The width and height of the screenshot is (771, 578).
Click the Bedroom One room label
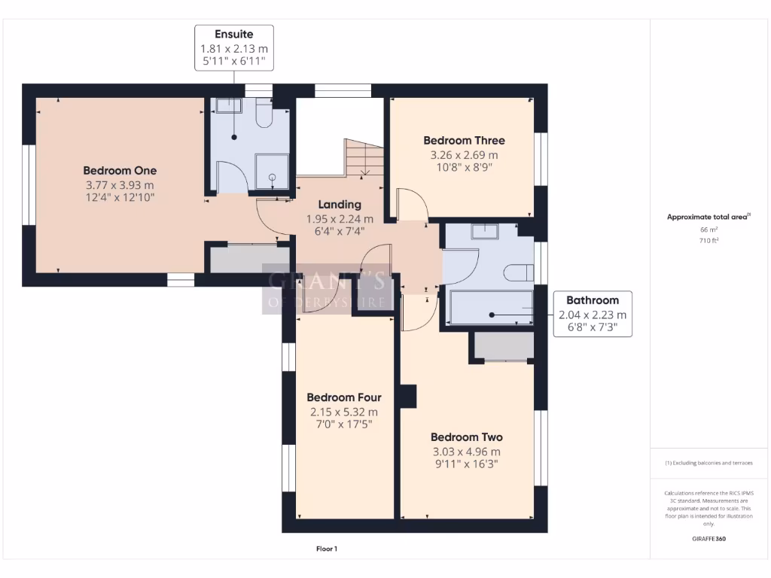[120, 170]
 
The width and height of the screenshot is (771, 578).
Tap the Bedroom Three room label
[464, 140]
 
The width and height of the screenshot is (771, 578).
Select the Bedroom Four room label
[343, 397]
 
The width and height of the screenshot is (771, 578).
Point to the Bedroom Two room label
[466, 437]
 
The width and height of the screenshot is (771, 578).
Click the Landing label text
[340, 204]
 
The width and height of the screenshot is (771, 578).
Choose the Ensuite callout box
[233, 47]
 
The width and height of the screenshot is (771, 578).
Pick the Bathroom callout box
[593, 313]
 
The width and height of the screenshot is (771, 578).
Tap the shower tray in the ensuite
[272, 172]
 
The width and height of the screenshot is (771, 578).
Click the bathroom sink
[483, 231]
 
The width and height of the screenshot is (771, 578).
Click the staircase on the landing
[364, 158]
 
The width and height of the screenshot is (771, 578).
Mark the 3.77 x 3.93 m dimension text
[120, 184]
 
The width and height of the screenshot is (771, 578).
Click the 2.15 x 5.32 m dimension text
[343, 412]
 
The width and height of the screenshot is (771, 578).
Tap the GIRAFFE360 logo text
[709, 539]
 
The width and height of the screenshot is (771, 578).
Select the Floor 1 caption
[327, 549]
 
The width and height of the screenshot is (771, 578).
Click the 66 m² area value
[709, 230]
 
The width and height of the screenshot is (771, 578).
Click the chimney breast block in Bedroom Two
[407, 397]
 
